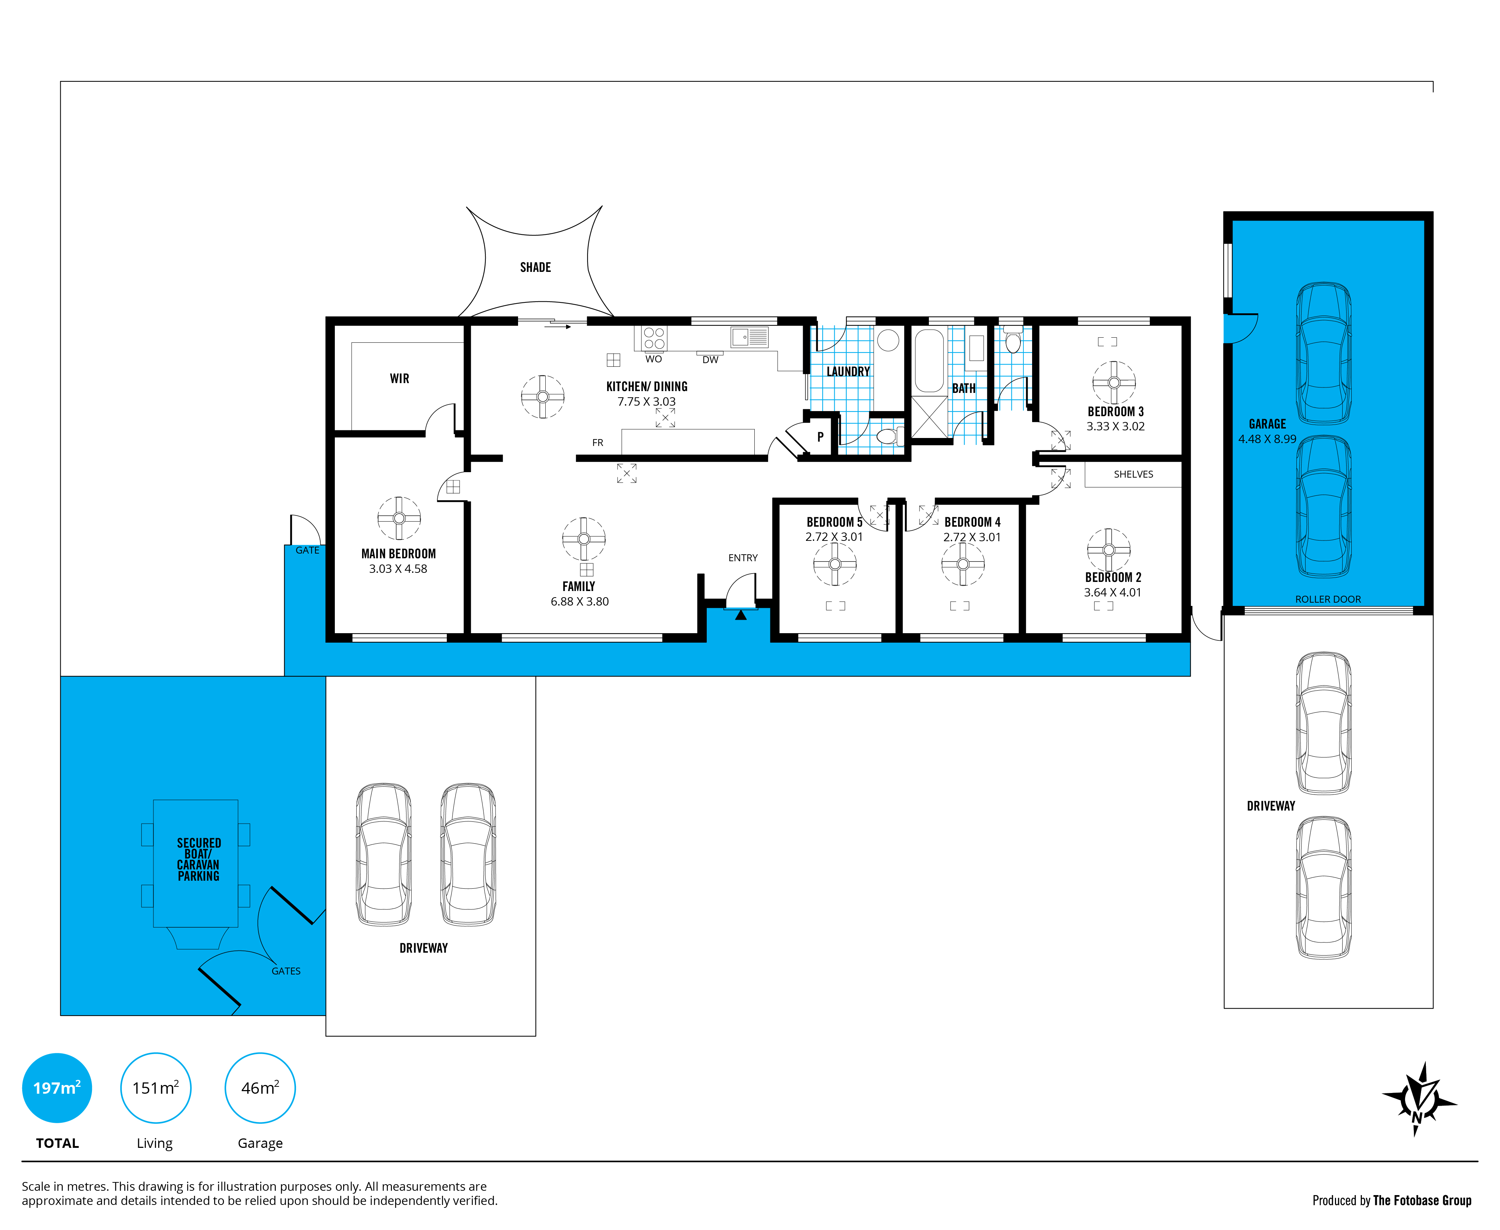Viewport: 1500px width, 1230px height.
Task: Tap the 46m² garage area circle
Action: point(260,1088)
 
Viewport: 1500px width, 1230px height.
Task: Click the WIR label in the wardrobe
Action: point(400,378)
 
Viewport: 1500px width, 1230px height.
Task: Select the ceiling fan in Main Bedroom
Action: point(399,518)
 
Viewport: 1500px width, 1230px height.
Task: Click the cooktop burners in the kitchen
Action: point(654,338)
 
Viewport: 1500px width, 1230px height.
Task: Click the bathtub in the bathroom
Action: point(929,360)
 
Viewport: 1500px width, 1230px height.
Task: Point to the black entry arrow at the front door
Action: point(741,615)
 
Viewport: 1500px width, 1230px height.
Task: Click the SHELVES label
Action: point(1133,474)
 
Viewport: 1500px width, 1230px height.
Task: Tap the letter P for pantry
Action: point(820,437)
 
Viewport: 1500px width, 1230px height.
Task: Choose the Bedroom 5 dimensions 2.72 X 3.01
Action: point(834,537)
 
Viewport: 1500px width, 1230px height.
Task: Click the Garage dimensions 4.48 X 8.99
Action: point(1267,439)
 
